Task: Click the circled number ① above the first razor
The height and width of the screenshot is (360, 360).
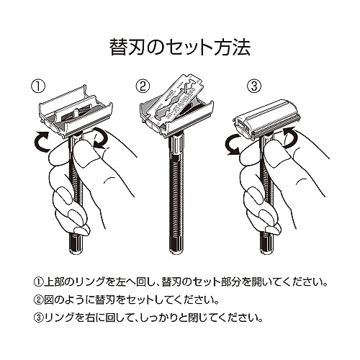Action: [38, 86]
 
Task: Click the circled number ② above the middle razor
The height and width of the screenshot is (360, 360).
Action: [143, 86]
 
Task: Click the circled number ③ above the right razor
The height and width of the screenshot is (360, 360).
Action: [254, 86]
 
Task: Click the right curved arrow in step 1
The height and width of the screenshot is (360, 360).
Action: [99, 138]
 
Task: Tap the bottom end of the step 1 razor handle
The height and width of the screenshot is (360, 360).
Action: [76, 251]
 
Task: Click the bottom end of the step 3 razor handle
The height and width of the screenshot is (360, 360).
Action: [266, 251]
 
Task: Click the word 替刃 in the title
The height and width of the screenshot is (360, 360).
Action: [127, 48]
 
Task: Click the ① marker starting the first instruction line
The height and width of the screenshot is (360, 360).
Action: [38, 282]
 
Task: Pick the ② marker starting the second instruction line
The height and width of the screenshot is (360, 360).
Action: [38, 300]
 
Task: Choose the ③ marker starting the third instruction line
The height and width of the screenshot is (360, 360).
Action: [38, 318]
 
